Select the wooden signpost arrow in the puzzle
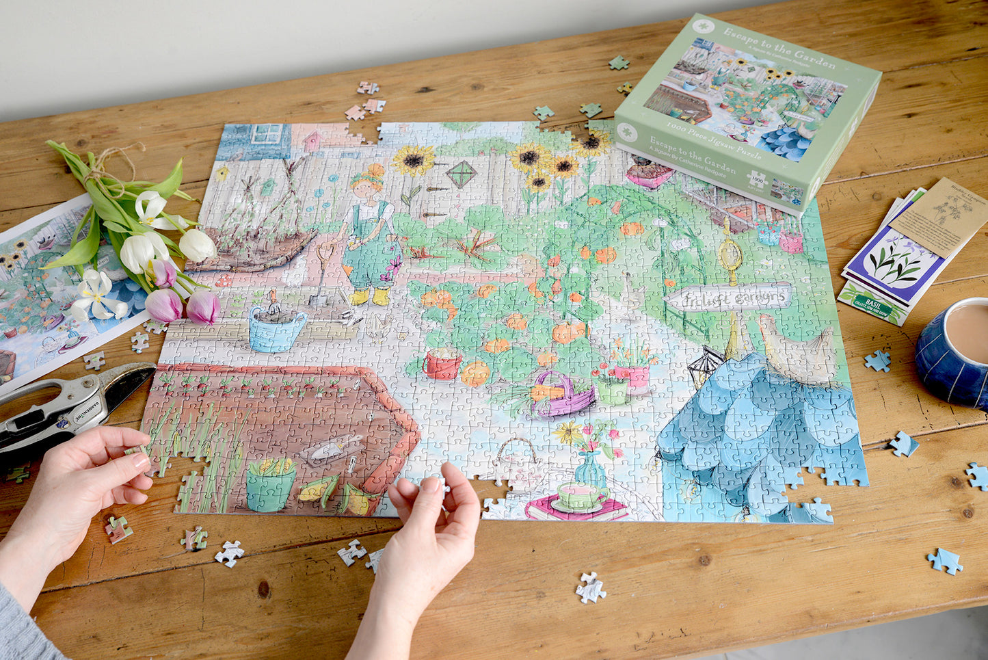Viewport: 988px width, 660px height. (729, 298)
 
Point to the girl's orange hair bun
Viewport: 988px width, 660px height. (375, 171)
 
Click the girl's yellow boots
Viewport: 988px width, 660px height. (370, 297)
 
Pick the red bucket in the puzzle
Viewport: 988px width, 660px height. (442, 364)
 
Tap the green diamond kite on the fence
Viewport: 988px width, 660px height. (462, 174)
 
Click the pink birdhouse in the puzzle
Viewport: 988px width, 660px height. (312, 141)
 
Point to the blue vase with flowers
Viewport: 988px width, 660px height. (589, 468)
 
